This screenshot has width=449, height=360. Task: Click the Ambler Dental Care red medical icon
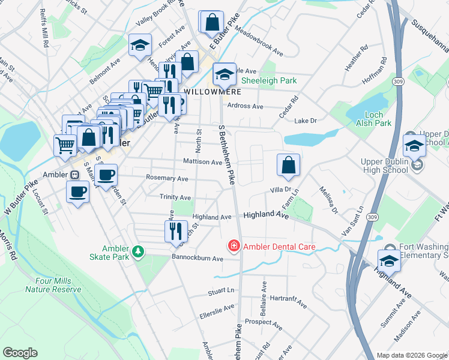233,247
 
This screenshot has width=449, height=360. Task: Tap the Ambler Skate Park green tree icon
139,250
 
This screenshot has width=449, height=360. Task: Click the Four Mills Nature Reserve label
53,285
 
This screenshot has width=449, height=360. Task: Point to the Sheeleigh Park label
269,80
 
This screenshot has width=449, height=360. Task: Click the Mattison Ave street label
203,162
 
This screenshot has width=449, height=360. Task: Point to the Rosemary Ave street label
167,178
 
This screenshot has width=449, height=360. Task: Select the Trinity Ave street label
175,197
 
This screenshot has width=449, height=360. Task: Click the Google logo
20,352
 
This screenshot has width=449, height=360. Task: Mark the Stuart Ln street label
220,291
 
